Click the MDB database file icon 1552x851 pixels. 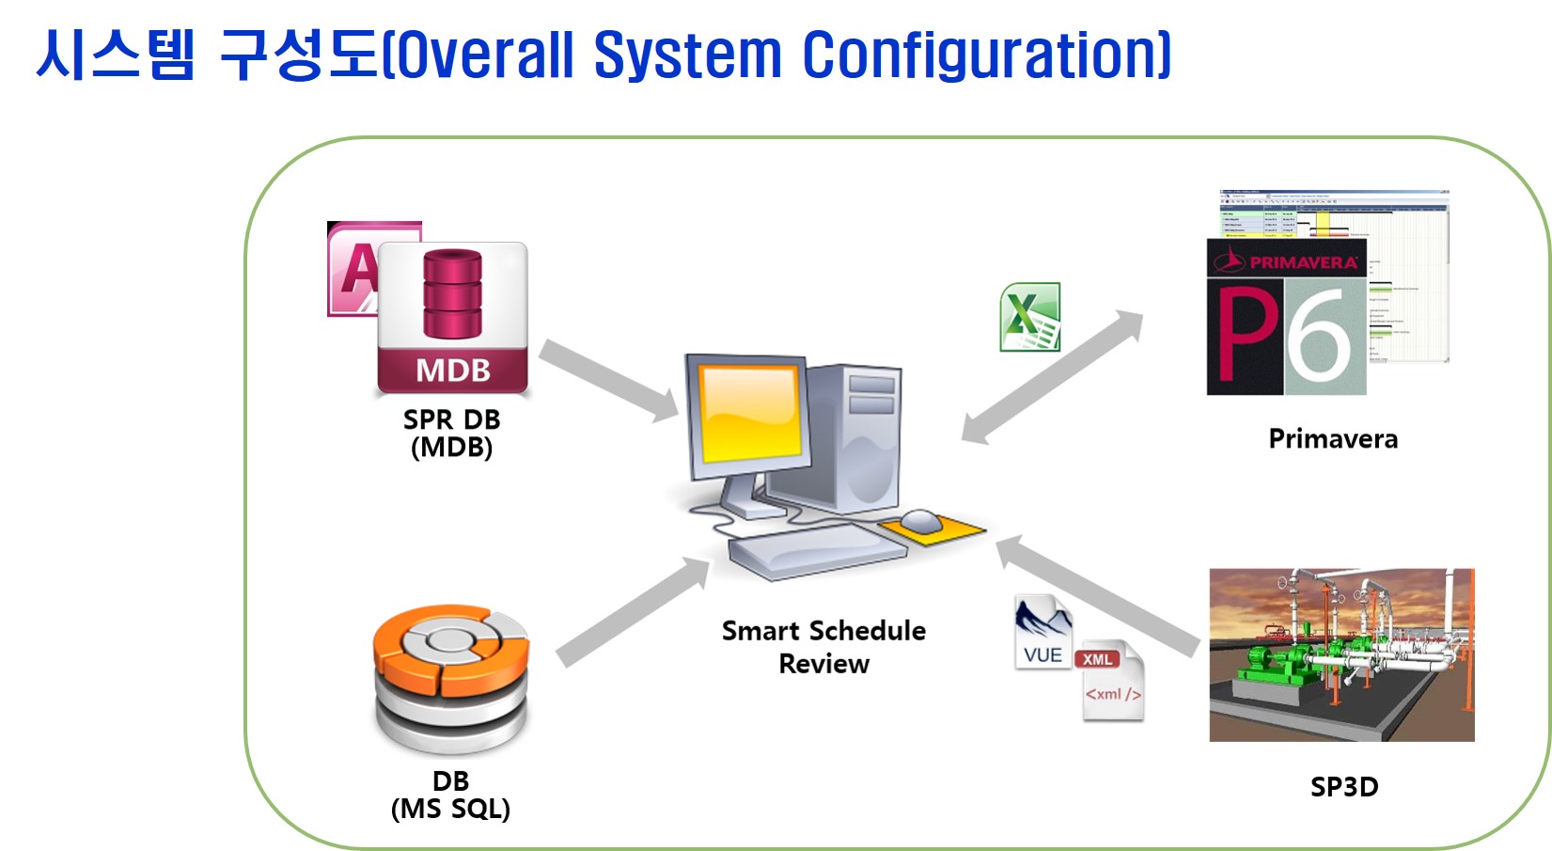coord(452,317)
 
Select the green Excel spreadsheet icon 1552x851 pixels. coord(1030,317)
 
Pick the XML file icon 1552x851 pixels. coord(1111,682)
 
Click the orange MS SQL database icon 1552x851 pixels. coord(451,677)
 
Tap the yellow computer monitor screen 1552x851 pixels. coord(750,412)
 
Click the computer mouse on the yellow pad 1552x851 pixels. coord(920,520)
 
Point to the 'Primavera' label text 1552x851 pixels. coord(1333,439)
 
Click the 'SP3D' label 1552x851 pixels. coord(1344,787)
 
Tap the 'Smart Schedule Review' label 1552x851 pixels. coord(823,647)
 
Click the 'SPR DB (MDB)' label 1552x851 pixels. coord(452,433)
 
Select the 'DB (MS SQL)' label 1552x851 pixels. coord(450,795)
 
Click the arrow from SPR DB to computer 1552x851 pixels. coord(609,380)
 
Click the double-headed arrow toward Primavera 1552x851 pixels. coord(1053,376)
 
